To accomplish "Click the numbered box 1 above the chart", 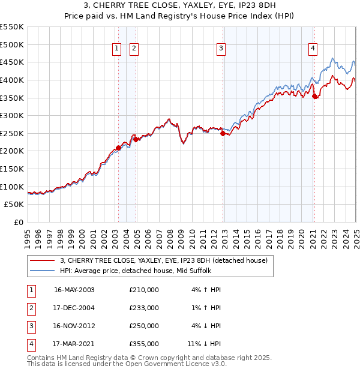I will (x=117, y=49).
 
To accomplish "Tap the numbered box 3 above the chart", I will (x=221, y=49).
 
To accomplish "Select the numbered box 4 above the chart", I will (x=313, y=49).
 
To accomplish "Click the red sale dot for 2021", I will (x=314, y=96).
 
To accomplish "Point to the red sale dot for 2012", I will (x=223, y=133).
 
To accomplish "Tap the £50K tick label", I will (x=14, y=205).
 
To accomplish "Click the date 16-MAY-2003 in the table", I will (x=74, y=290).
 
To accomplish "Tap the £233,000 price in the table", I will (x=144, y=308).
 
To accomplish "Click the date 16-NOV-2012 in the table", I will (x=74, y=326).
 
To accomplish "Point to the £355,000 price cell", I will (x=144, y=344).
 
